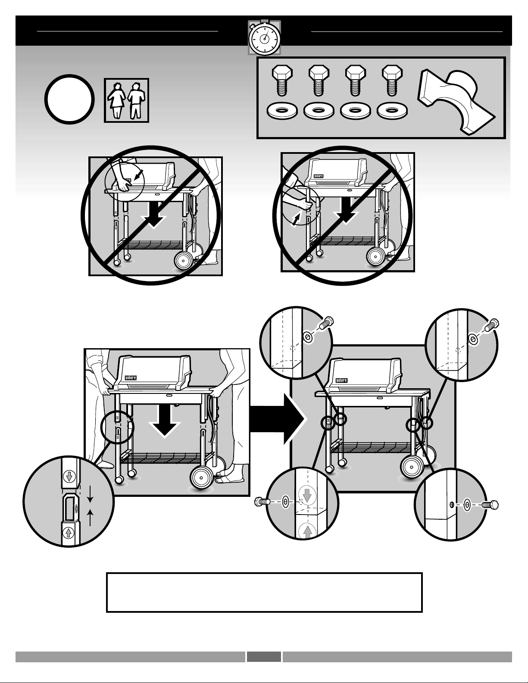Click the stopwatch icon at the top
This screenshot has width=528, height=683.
(264, 38)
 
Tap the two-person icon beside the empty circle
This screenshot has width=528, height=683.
(126, 100)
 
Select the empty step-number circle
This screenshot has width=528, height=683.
(69, 100)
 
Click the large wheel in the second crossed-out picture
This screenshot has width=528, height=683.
(376, 257)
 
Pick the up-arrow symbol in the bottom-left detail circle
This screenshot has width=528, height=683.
(68, 533)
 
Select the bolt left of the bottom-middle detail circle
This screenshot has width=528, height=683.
(262, 501)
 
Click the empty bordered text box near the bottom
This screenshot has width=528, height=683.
(264, 592)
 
